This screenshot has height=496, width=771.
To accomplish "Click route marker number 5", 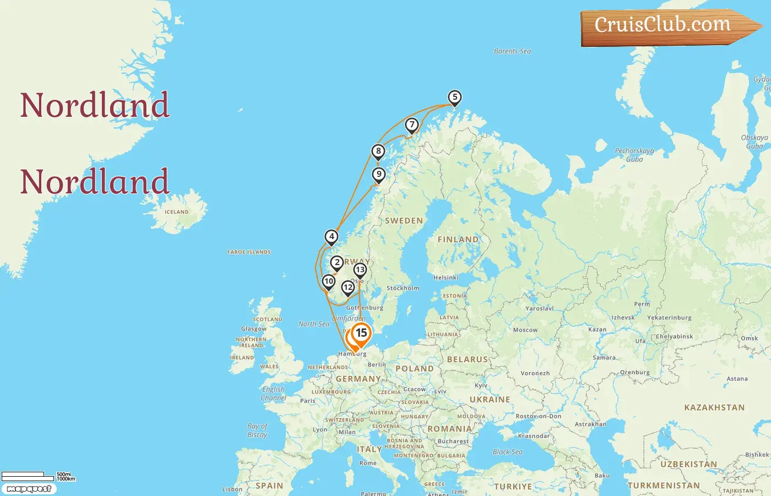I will tap(454, 98).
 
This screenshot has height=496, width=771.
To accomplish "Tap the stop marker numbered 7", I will tap(412, 125).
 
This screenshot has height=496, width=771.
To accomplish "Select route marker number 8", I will tap(378, 152).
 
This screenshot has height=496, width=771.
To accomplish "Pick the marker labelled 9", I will tap(379, 175).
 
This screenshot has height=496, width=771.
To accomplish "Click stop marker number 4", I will tap(332, 237).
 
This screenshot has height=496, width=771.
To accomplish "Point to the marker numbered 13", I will tap(360, 270).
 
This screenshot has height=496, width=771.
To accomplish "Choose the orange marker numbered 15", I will tap(361, 333).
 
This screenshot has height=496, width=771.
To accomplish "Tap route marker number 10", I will tap(329, 282).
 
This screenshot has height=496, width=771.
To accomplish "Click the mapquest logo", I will tap(29, 489).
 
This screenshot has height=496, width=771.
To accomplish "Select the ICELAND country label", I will tap(176, 212).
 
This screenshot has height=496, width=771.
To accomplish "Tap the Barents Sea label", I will tap(512, 51).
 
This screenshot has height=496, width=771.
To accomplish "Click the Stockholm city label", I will tap(403, 288).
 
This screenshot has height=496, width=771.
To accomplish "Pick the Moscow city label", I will tap(525, 330).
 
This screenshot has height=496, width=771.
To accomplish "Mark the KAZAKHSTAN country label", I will tap(714, 408).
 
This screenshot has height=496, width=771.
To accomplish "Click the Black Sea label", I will tap(507, 452).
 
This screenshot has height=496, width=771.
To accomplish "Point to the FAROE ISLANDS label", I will tap(249, 252).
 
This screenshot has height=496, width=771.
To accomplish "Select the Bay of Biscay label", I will tap(257, 430).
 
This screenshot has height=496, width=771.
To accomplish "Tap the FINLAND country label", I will tap(458, 239).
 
